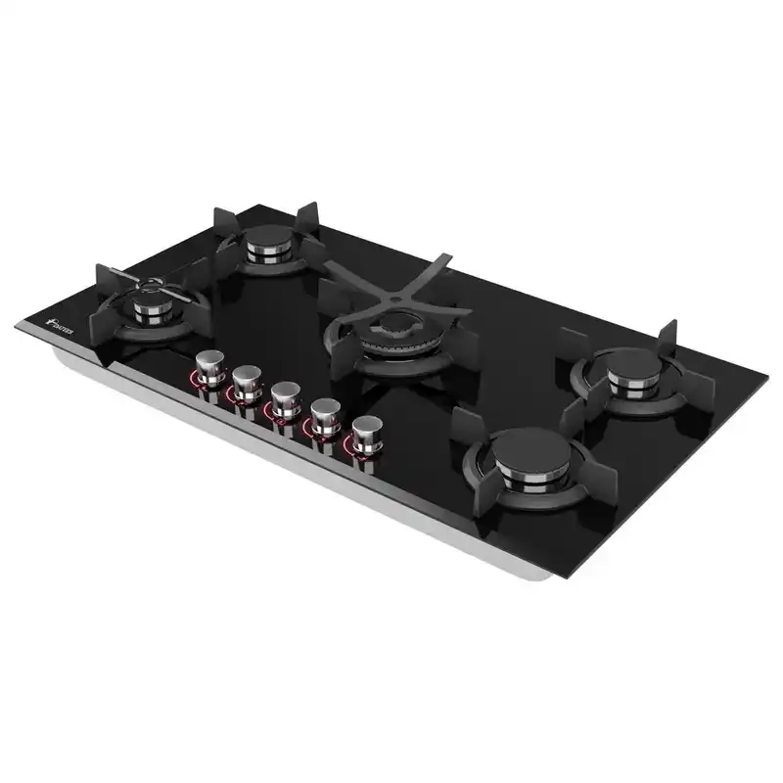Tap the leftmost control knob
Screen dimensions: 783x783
pos(210,368)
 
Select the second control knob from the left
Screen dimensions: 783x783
pos(247,379)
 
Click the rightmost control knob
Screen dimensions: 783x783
pos(367,430)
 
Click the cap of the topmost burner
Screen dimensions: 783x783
pos(269,237)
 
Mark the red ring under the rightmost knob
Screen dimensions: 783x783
pos(363,448)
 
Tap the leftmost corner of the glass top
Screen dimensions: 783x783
pos(17,327)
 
